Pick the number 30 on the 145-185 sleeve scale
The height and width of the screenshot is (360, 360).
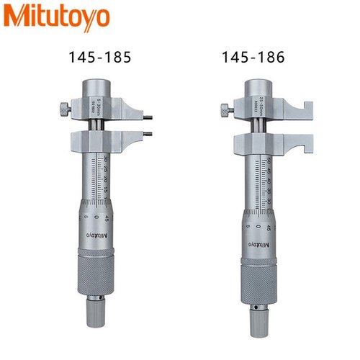click(106, 160)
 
